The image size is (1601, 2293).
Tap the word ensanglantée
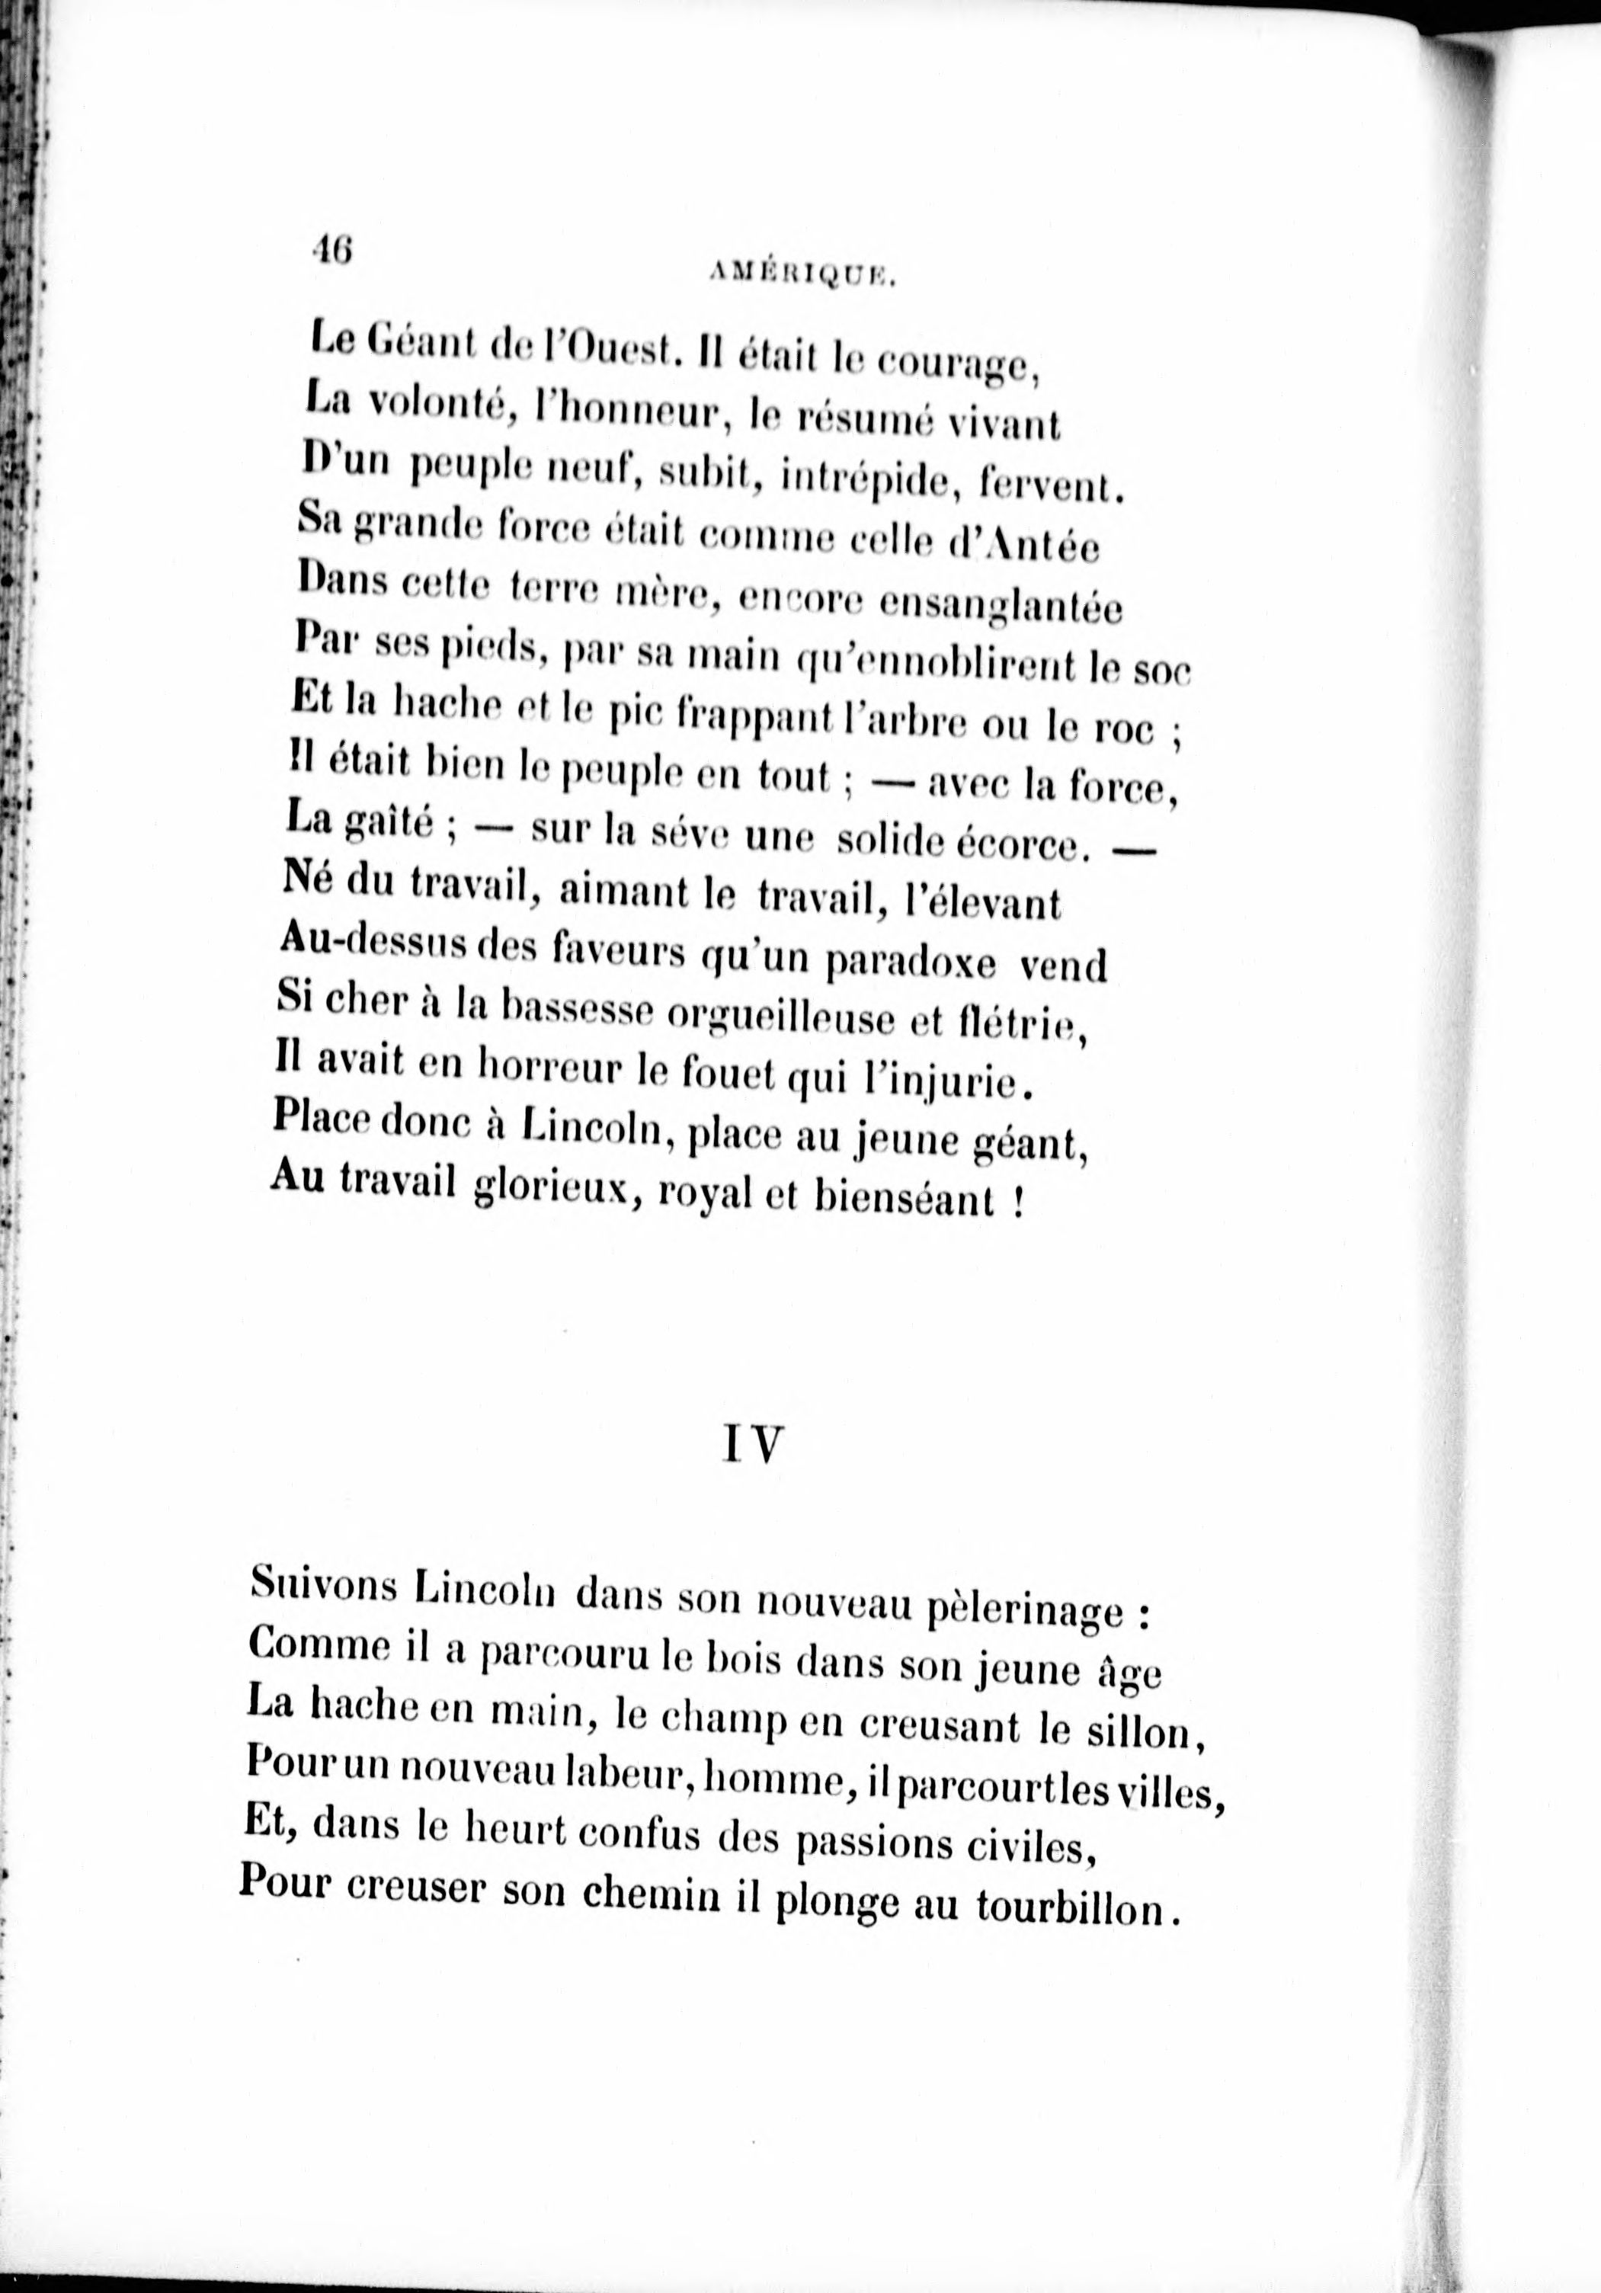click(x=1000, y=605)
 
